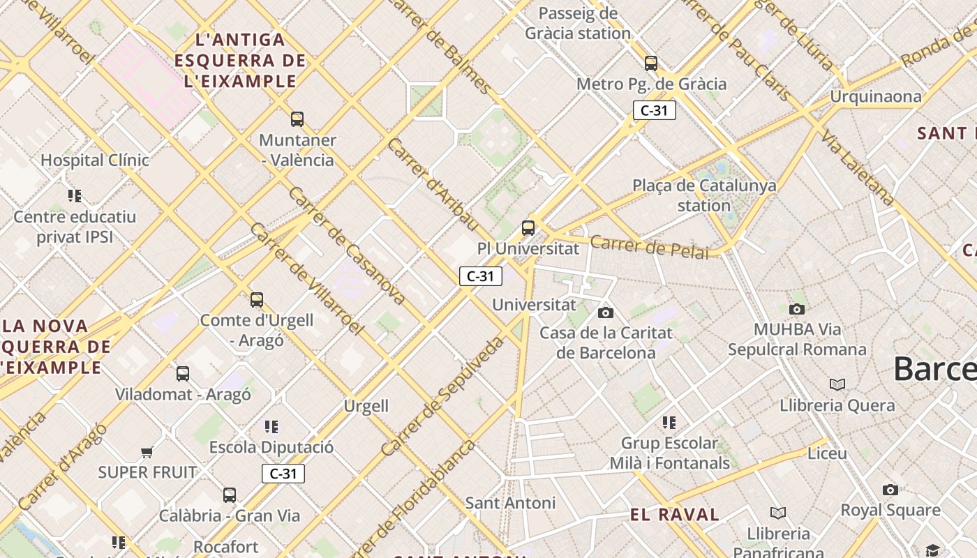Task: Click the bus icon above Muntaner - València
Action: click(x=297, y=119)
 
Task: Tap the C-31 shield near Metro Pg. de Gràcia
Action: click(x=654, y=110)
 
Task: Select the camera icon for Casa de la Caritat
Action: click(x=606, y=312)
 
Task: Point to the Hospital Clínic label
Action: click(x=95, y=160)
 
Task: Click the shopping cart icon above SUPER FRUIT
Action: click(x=147, y=453)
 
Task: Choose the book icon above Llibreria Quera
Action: click(x=837, y=384)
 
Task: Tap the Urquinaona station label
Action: click(x=875, y=96)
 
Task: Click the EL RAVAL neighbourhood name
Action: click(x=674, y=515)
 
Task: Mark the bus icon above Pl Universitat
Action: click(x=528, y=228)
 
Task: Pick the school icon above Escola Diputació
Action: click(x=271, y=426)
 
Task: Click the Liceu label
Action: click(x=827, y=453)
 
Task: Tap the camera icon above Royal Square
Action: click(x=890, y=490)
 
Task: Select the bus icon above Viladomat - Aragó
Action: click(x=183, y=374)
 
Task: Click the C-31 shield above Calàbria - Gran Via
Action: click(x=283, y=474)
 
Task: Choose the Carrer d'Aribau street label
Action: click(x=433, y=185)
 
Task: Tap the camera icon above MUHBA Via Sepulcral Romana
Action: click(x=797, y=309)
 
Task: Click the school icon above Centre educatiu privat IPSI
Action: click(x=75, y=196)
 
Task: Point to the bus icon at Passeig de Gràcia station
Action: click(x=651, y=63)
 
